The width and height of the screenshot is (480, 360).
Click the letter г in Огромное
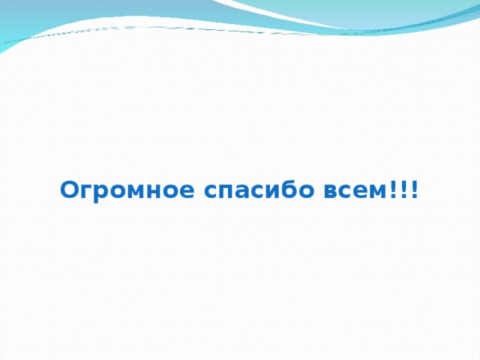tap(85, 192)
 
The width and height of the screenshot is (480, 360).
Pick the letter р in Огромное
tap(99, 193)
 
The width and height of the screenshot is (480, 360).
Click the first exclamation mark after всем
tap(395, 190)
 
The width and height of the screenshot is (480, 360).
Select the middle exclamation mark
tap(405, 190)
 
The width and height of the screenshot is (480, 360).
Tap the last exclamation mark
tap(415, 190)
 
